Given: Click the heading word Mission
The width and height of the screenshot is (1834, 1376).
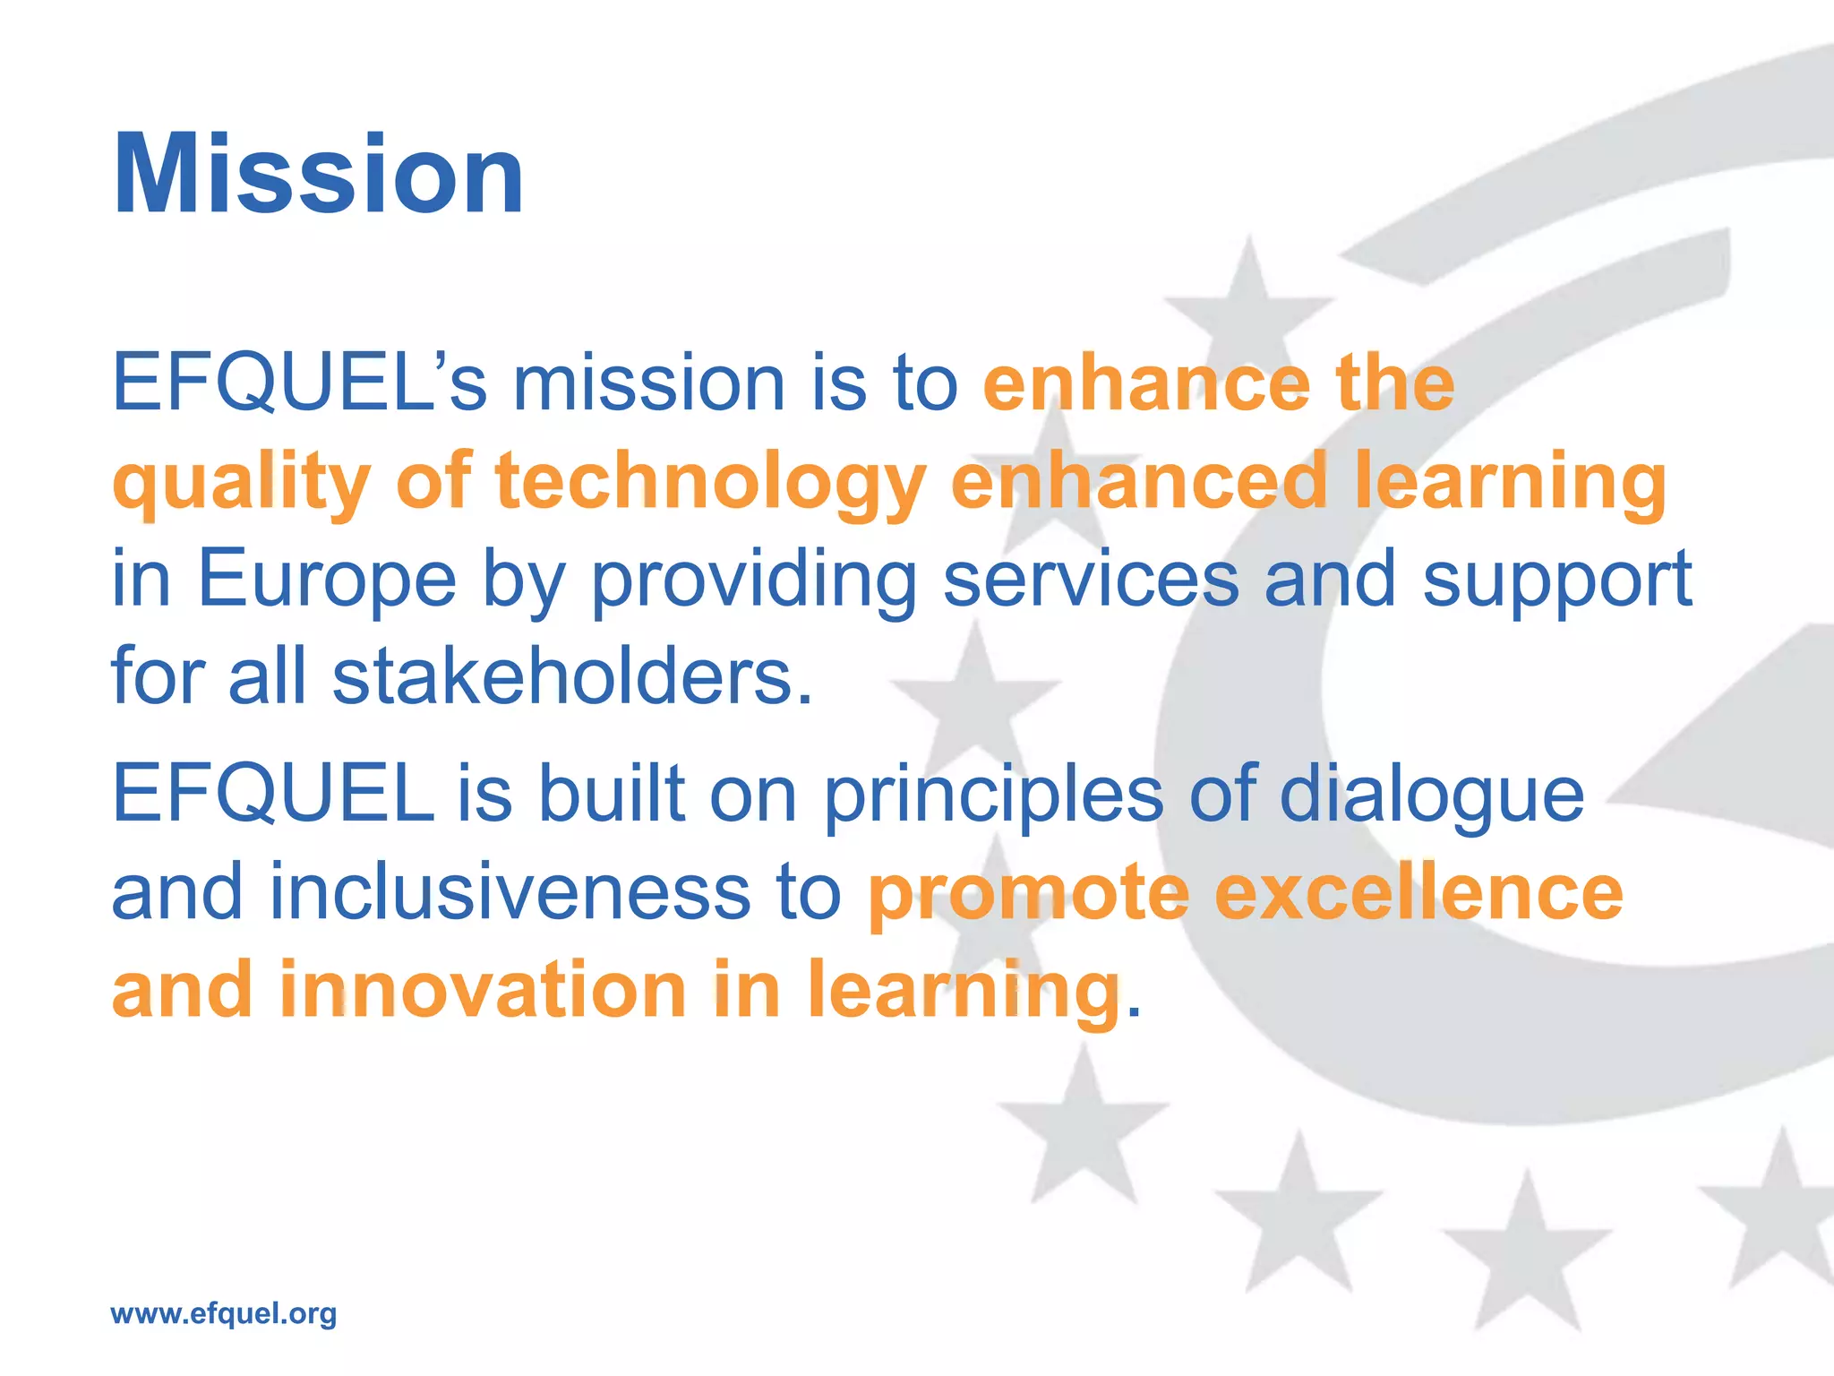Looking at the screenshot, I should pyautogui.click(x=318, y=174).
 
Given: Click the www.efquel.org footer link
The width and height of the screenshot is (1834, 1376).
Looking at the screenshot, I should pyautogui.click(x=223, y=1313).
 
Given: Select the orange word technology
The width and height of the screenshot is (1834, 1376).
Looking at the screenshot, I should pyautogui.click(x=710, y=484).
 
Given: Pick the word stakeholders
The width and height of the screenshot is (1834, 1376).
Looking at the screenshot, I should pyautogui.click(x=572, y=676).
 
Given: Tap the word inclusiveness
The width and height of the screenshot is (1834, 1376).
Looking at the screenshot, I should pyautogui.click(x=510, y=892).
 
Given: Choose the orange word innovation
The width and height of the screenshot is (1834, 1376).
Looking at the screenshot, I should pyautogui.click(x=483, y=990).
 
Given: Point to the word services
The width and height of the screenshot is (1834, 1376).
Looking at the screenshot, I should pyautogui.click(x=1091, y=580).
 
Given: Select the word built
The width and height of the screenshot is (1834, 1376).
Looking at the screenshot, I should pyautogui.click(x=611, y=794).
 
